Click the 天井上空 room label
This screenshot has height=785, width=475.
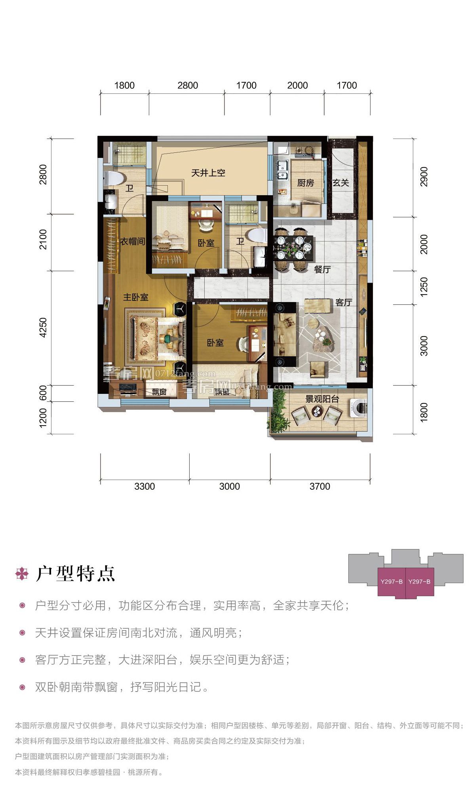tap(208, 173)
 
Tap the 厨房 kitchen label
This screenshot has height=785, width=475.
tap(306, 183)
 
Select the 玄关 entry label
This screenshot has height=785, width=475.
tap(341, 183)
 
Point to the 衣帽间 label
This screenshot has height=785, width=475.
tap(133, 241)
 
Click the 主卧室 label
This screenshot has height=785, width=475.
tap(136, 297)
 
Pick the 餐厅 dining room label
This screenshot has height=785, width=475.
tap(322, 270)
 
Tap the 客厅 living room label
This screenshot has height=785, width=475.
tap(344, 302)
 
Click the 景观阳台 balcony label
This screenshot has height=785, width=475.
tap(322, 399)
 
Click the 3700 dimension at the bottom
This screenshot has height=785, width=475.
tap(320, 487)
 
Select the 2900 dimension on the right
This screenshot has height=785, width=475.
tap(424, 177)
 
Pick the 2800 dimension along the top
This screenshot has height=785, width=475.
tap(188, 86)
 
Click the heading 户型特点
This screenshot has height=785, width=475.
tap(76, 574)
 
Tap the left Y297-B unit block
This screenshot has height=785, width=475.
tap(391, 582)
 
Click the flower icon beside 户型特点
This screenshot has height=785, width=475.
tap(22, 574)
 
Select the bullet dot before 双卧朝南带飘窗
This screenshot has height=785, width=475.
tap(23, 687)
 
